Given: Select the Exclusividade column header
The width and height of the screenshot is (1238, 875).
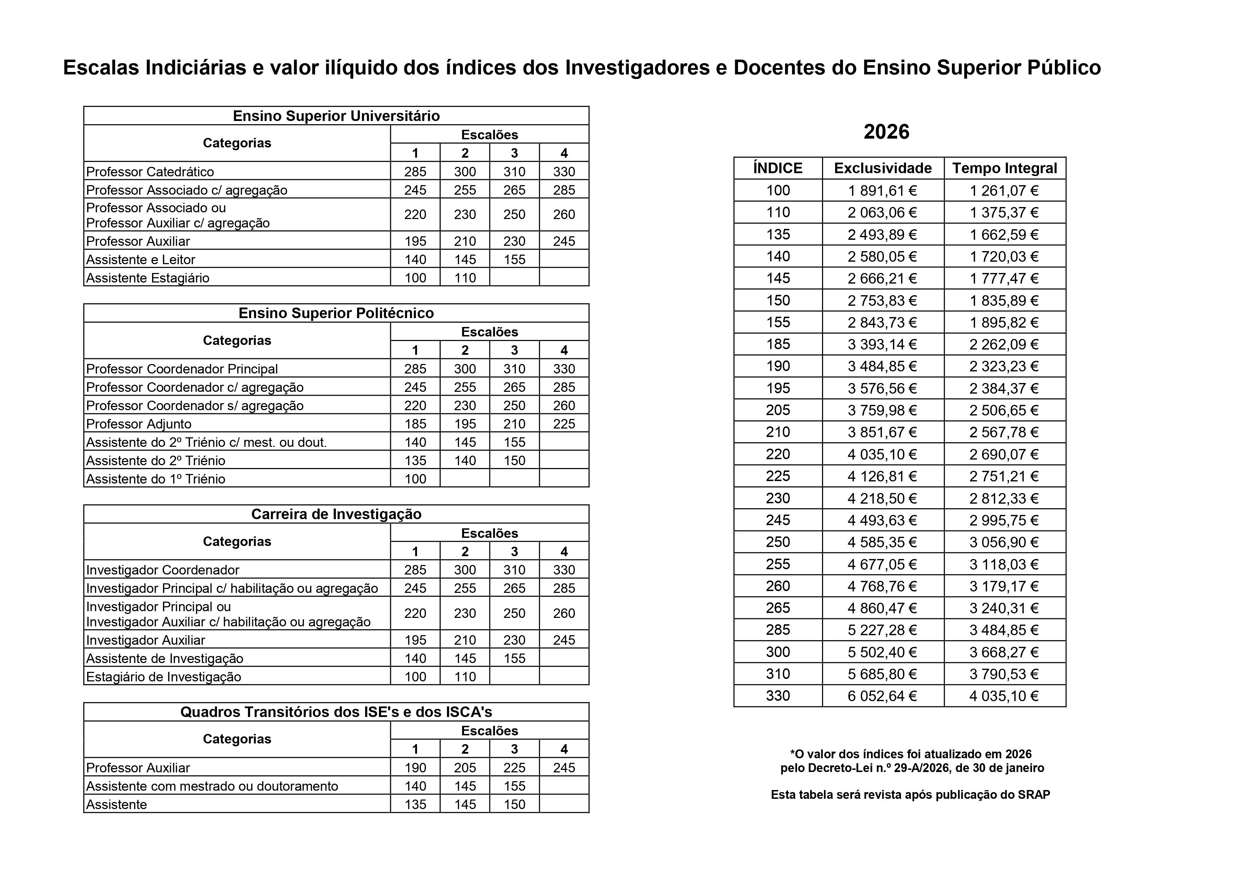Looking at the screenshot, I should (x=883, y=168).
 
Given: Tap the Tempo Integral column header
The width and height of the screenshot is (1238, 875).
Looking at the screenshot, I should (x=1004, y=168).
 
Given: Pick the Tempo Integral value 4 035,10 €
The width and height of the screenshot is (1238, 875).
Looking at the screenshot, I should (x=1004, y=696).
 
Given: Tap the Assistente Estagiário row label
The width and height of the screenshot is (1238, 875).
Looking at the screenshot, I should (x=148, y=278).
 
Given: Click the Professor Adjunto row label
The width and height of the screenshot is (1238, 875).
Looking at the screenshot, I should (x=139, y=424).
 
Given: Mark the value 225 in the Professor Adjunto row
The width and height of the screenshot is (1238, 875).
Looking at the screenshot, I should (x=564, y=424).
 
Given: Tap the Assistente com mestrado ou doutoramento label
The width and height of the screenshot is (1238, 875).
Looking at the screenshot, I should (x=212, y=786).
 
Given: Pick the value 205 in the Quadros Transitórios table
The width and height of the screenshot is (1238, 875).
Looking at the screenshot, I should (x=465, y=768).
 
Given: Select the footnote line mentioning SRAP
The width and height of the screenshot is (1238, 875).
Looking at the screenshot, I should (x=910, y=795).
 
